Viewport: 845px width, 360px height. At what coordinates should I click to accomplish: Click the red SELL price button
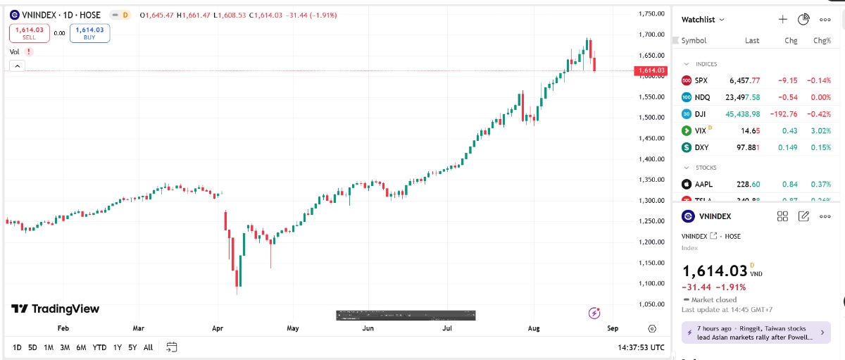[29, 32]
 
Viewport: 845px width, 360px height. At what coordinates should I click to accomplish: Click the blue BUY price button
[89, 32]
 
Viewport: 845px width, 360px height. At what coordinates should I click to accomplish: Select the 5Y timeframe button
[132, 347]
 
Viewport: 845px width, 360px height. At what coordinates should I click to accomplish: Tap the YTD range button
[99, 347]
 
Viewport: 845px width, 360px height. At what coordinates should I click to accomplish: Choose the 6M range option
[81, 347]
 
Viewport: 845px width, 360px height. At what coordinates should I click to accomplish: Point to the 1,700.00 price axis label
[651, 35]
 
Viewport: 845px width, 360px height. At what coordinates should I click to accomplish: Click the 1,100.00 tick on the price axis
[651, 284]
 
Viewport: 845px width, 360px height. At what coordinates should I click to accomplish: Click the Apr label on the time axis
[217, 328]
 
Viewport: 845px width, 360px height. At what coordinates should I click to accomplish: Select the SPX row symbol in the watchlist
[701, 80]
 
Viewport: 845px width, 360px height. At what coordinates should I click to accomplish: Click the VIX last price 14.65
[749, 131]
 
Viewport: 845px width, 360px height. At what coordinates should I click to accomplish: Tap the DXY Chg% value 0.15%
[820, 148]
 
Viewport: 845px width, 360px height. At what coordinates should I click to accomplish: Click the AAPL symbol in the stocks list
[703, 185]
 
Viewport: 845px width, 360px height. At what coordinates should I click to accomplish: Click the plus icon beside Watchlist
[782, 20]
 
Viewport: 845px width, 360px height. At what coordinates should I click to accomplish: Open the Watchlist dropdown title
[703, 20]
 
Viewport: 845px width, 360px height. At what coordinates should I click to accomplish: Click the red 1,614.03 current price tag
[650, 70]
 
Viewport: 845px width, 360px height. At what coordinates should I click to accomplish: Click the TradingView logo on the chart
[55, 309]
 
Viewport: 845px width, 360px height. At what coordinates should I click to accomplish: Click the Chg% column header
[822, 41]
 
